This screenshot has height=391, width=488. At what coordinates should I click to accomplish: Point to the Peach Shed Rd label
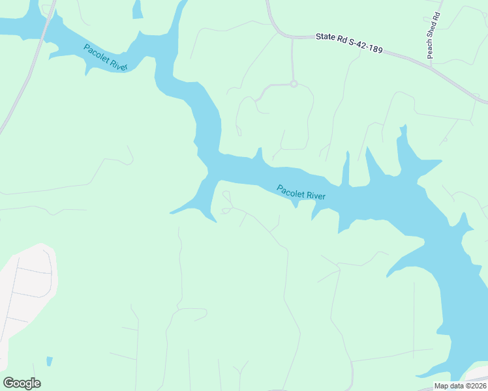click(x=433, y=35)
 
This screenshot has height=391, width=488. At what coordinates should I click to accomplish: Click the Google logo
click(x=22, y=383)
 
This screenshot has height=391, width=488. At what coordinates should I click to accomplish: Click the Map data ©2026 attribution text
click(x=460, y=386)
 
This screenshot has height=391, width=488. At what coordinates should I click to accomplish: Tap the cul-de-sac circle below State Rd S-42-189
click(x=294, y=83)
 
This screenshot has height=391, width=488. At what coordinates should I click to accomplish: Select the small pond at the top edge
click(x=137, y=9)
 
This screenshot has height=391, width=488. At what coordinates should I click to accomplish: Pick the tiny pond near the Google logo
click(x=50, y=361)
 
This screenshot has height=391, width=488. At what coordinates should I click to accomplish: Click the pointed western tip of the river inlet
click(x=171, y=212)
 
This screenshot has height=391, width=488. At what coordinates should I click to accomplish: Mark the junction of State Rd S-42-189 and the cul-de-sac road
click(x=292, y=37)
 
